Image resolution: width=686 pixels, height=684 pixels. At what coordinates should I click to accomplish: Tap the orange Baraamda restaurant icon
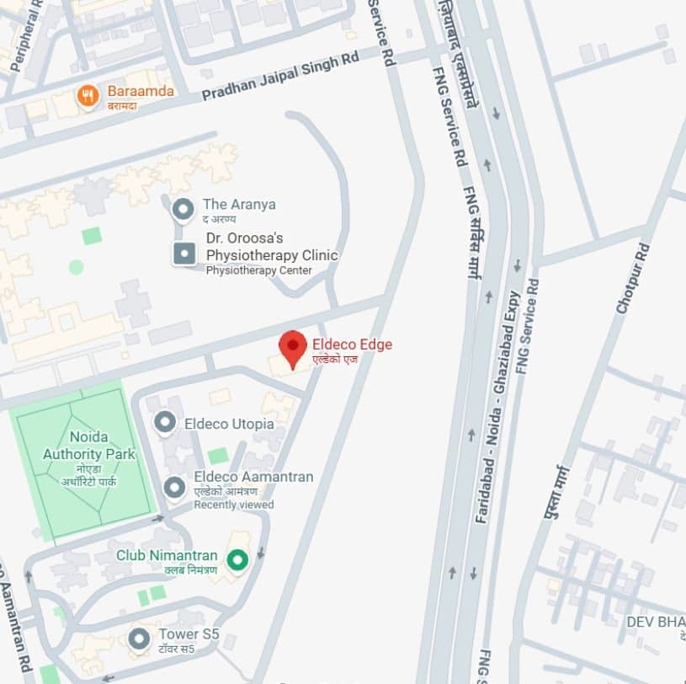88,96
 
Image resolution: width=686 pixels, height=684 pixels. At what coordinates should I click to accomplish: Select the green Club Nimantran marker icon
238,558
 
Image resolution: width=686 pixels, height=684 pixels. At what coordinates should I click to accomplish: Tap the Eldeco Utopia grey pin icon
165,422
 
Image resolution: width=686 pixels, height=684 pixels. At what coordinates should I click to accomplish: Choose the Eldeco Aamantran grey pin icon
174,487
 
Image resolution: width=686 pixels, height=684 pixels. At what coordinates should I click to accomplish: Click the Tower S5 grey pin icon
139,639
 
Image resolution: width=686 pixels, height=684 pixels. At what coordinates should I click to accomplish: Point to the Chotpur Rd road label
633,278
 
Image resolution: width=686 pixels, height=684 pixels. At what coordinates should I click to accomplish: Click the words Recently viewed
234,505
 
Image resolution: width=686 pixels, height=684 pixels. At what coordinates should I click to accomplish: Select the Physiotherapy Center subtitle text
259,270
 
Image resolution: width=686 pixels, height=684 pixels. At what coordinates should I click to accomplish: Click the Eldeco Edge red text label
352,344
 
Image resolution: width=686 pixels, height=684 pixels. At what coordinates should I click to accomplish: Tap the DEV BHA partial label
655,622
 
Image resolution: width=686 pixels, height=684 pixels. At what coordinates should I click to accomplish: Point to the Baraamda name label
141,91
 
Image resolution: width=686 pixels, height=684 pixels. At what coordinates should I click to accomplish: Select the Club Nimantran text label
167,556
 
